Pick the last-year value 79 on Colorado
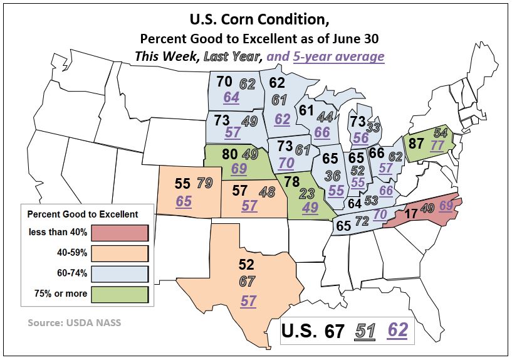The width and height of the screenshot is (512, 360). [204, 184]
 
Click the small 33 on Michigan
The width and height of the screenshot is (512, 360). [374, 128]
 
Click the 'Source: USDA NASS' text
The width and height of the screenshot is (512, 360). [75, 323]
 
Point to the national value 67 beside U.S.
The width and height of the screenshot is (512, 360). [335, 331]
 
